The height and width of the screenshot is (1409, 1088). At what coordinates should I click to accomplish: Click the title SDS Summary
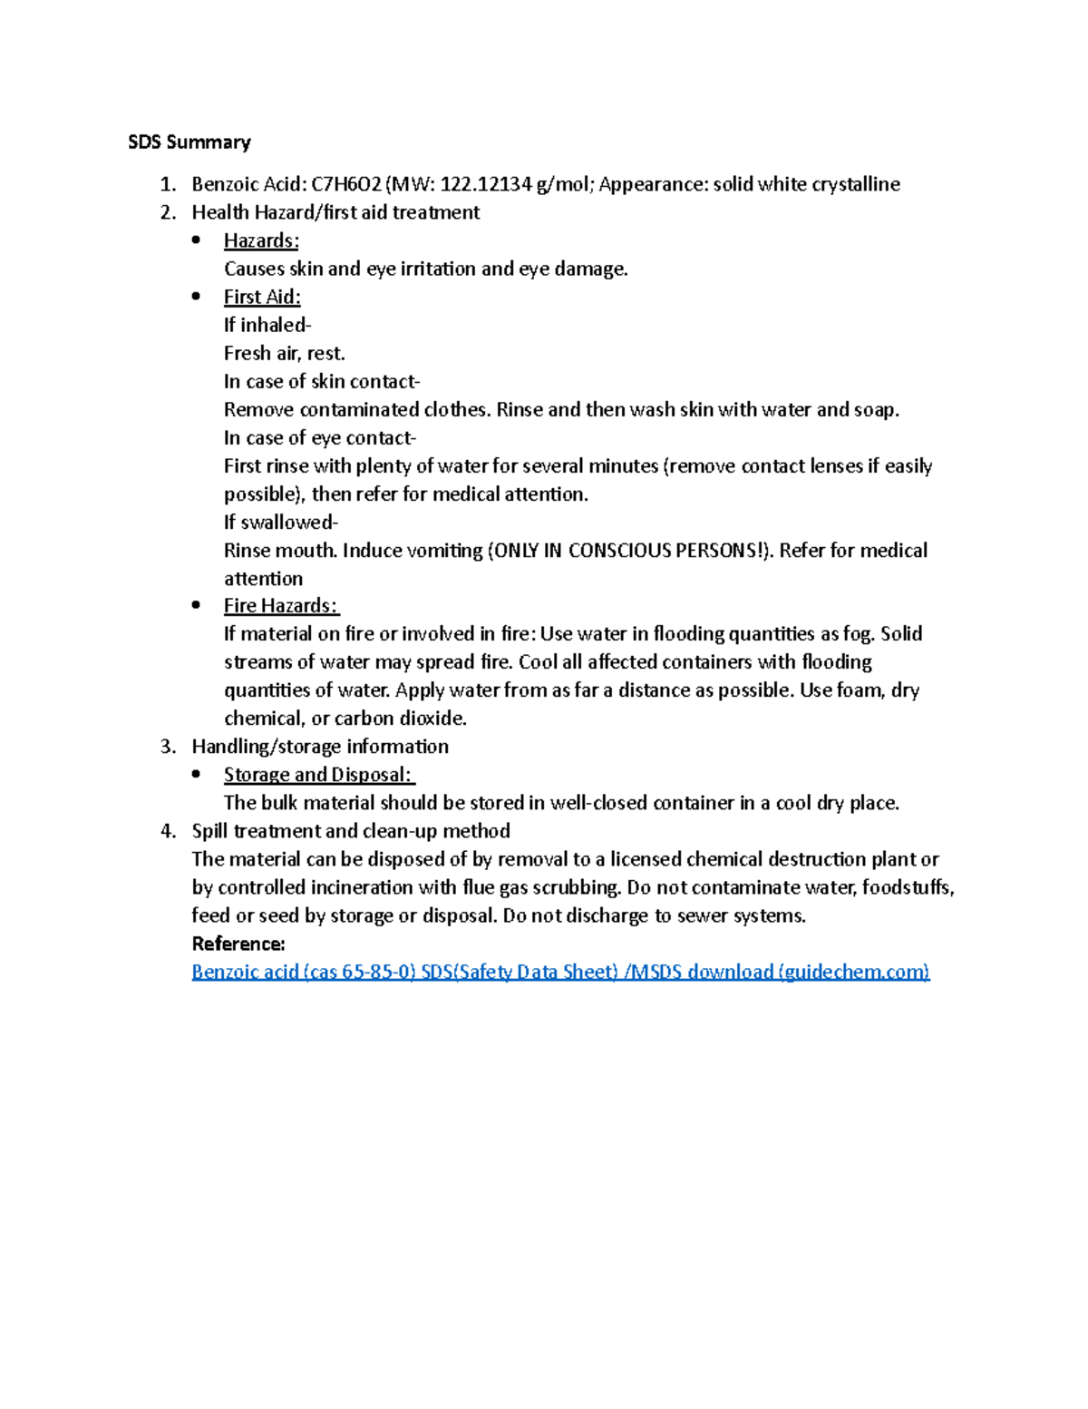pos(189,142)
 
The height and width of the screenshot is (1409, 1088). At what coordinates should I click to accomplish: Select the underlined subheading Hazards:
pos(261,241)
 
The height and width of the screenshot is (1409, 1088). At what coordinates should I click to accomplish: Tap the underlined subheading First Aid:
pos(262,298)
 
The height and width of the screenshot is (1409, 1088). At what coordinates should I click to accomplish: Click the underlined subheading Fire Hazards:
pos(281,606)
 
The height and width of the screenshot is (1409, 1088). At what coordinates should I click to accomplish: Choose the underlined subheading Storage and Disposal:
pos(319,775)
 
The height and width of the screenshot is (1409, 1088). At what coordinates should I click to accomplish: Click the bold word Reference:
pos(238,944)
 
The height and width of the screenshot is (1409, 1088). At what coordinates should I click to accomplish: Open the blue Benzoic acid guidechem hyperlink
pos(560,973)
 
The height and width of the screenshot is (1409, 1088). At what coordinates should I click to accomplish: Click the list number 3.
pos(167,747)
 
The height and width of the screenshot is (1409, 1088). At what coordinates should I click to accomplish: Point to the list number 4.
pos(167,831)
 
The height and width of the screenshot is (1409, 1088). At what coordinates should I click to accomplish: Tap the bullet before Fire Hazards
pos(196,605)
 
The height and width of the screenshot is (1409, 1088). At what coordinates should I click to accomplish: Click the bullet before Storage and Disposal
pos(196,774)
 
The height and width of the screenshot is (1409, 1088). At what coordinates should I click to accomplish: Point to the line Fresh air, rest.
pos(285,354)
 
